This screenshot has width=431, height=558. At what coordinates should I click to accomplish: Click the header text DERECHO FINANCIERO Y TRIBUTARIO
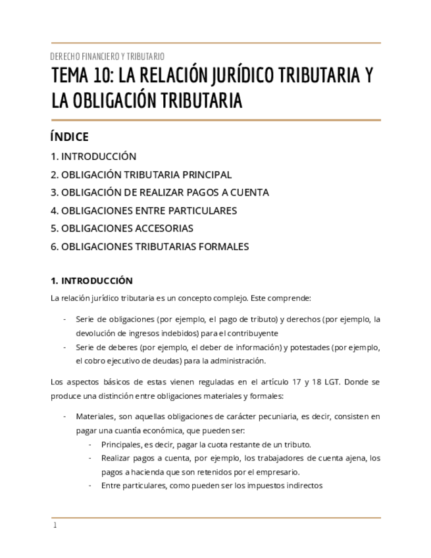pos(107,57)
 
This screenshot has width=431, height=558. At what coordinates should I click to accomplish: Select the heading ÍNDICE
pos(69,137)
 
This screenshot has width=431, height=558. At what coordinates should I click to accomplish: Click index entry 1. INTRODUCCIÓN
pos(93,157)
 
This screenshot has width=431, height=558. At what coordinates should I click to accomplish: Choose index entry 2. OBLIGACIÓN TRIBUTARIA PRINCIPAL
pos(141,175)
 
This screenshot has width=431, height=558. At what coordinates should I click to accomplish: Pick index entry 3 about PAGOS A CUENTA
pos(159,193)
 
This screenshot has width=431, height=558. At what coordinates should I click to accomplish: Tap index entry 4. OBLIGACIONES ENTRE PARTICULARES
pos(143,211)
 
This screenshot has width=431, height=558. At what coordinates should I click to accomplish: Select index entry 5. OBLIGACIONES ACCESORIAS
pos(122,228)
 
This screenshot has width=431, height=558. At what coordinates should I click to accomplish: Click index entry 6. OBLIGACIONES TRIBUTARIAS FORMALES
pos(149,247)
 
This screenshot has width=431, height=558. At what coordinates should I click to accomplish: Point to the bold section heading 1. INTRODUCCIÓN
pos(91,280)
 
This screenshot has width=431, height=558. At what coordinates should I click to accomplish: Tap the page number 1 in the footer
pos(55,525)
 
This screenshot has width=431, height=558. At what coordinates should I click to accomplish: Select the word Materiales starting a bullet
pos(94,417)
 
